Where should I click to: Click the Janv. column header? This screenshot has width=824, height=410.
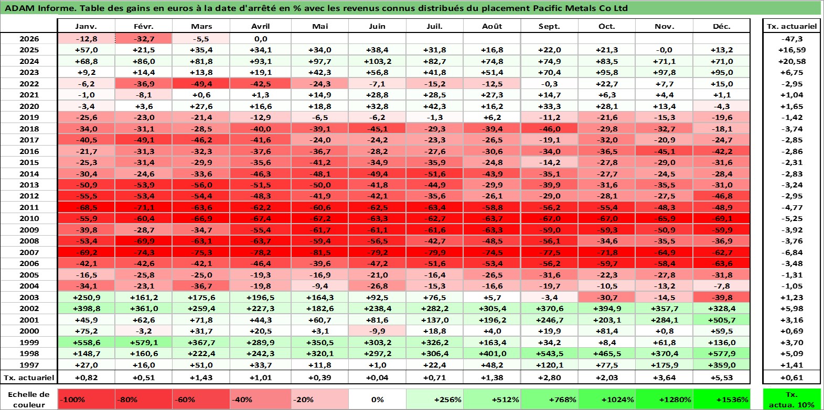tap(86, 26)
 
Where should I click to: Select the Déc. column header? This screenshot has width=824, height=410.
tap(721, 26)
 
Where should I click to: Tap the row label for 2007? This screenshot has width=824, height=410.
tap(29, 252)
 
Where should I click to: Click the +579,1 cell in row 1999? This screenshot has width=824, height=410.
tap(144, 342)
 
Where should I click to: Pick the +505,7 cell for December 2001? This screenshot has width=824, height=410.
tap(721, 320)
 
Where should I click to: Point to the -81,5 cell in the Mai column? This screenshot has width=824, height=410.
tap(319, 252)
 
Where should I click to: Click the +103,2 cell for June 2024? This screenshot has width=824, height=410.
tap(377, 61)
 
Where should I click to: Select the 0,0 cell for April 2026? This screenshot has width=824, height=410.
tap(261, 39)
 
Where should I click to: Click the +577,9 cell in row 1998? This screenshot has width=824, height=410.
tap(721, 353)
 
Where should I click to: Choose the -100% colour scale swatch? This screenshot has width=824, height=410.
tap(86, 400)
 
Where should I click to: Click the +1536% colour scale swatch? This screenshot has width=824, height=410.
tap(721, 400)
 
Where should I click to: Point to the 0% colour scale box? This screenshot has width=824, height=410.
tap(377, 400)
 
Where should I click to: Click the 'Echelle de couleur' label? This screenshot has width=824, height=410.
tap(29, 400)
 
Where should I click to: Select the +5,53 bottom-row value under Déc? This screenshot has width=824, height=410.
tap(721, 378)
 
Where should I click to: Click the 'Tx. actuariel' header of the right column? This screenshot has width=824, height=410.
tap(791, 26)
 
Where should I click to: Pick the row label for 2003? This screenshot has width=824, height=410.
tap(29, 297)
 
